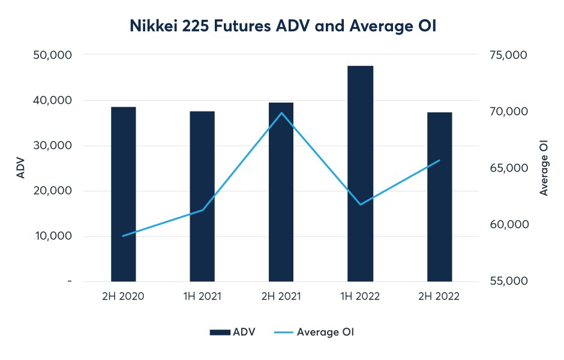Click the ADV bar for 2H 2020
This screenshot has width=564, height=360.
[x=124, y=194]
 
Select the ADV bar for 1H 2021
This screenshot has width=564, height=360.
[x=202, y=196]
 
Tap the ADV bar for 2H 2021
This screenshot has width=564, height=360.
[x=281, y=192]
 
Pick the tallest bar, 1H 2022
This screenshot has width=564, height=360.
[x=360, y=173]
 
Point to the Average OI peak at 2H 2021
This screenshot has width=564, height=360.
[x=281, y=113]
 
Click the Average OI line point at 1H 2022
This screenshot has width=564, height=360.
[x=361, y=205]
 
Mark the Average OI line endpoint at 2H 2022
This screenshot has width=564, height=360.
[x=439, y=160]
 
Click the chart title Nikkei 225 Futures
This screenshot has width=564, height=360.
[x=281, y=26]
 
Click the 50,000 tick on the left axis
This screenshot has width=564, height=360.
[x=51, y=55]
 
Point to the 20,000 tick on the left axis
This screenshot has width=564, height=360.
[x=51, y=191]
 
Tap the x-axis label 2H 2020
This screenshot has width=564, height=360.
[x=124, y=296]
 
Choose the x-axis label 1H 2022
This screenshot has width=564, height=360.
[x=360, y=296]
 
